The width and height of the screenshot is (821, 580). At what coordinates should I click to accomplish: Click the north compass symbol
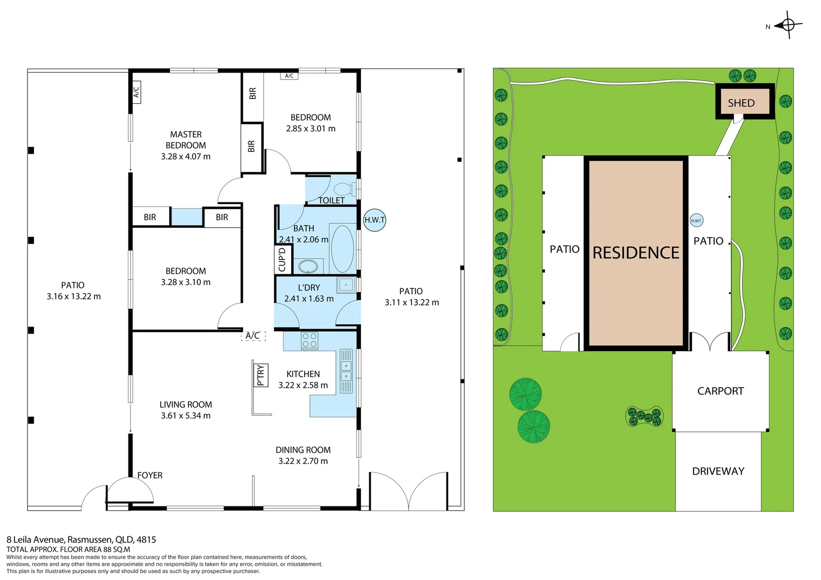(788, 25)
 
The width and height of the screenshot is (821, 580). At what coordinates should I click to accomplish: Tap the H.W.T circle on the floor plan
(375, 220)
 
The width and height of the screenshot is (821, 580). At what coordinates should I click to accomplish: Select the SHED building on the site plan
(744, 102)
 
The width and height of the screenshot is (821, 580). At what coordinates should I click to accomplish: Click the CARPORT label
(720, 391)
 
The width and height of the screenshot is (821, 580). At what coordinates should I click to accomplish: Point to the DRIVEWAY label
(718, 471)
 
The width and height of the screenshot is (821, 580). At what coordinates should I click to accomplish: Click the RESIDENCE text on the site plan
(636, 252)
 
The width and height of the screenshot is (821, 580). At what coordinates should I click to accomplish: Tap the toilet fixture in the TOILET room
(343, 190)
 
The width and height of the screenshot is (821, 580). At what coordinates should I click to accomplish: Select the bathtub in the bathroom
(342, 249)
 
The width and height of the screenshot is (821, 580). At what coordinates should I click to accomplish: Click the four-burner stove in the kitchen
(309, 341)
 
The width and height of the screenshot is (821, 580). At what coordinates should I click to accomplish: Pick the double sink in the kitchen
(346, 371)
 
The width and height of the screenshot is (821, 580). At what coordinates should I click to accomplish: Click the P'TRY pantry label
(261, 375)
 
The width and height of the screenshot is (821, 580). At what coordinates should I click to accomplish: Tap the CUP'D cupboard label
(282, 259)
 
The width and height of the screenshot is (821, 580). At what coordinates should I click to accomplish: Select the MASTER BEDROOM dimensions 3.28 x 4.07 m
(185, 157)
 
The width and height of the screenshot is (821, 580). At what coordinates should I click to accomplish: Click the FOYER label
(149, 475)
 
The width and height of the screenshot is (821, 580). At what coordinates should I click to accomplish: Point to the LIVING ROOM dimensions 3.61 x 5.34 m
(185, 416)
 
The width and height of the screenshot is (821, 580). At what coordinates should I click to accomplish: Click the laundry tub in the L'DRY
(346, 285)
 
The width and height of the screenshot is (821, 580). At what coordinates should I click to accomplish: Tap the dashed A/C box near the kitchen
(253, 336)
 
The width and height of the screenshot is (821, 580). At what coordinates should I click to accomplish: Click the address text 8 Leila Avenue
(81, 540)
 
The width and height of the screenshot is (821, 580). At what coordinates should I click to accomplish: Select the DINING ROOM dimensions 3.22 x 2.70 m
(303, 461)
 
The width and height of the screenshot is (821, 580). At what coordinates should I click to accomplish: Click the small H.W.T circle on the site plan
(696, 220)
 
